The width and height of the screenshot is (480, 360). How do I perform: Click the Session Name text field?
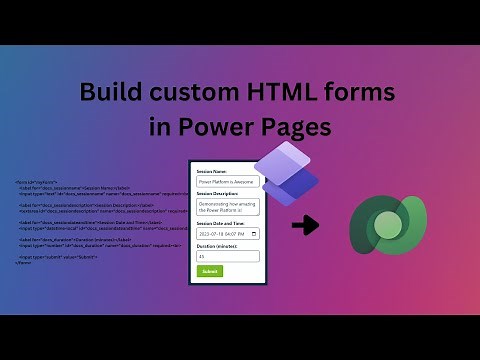coord(228,182)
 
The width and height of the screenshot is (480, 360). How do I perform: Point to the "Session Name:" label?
coord(212,171)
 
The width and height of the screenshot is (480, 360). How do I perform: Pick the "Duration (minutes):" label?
coord(219,245)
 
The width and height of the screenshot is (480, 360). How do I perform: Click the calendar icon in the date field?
coord(256,234)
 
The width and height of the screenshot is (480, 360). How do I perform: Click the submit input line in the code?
coord(56,256)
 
